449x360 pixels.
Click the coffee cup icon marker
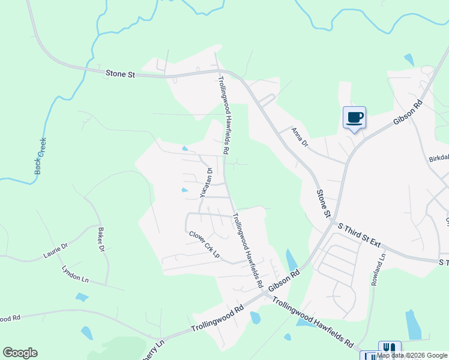(354, 116)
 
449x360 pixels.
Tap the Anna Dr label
(299, 137)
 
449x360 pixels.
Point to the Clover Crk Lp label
(204, 245)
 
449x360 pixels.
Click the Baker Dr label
(100, 239)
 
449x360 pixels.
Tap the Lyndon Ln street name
(75, 275)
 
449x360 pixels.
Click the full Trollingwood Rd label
(217, 319)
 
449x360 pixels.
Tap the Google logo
(20, 353)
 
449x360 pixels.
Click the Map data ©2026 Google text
(412, 356)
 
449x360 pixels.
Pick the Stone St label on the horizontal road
(121, 74)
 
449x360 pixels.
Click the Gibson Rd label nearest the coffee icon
(408, 112)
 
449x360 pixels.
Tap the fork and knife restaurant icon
(390, 349)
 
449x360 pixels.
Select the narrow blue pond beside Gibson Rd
(292, 260)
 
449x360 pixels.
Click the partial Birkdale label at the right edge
(439, 158)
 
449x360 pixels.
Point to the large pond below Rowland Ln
(414, 325)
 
